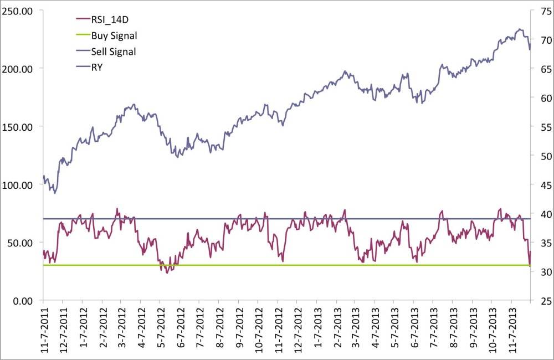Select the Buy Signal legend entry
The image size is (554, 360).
tap(114, 35)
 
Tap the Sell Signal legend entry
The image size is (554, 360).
tap(113, 52)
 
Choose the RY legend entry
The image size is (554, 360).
tap(98, 68)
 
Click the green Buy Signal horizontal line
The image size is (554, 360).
tap(277, 265)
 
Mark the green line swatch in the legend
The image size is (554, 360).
tap(81, 35)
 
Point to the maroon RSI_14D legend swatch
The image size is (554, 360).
tap(81, 19)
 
